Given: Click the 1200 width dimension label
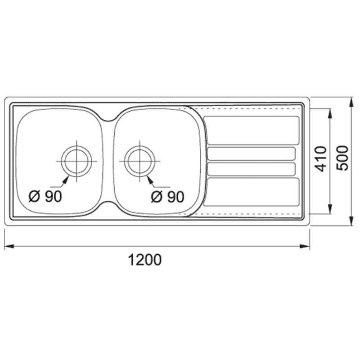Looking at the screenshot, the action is coord(144,260).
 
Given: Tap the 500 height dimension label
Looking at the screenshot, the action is coord(342,158).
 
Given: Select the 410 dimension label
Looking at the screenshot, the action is coord(320,159).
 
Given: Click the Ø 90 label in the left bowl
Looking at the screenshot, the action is coord(45,196).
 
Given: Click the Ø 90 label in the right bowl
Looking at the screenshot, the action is coord(167,197).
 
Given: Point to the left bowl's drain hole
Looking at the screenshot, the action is coord(76,161).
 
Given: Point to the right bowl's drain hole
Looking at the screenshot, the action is coord(139,161).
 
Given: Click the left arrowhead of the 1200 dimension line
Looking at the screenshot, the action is coord(9,246).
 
